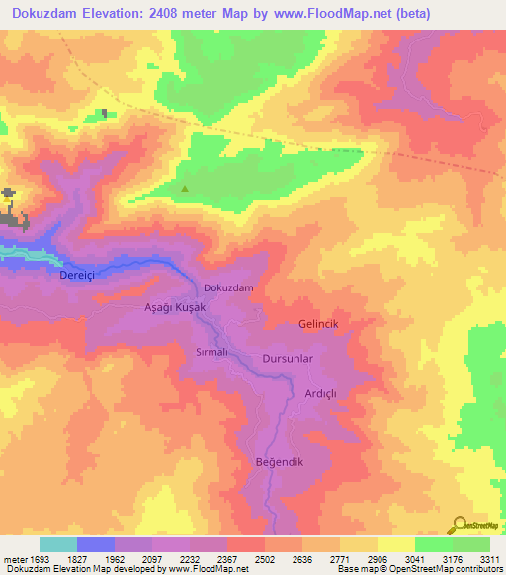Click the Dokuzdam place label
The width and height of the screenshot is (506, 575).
click(x=228, y=287)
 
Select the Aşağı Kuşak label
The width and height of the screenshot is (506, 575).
click(x=175, y=308)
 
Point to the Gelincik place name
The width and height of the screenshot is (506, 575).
click(x=318, y=324)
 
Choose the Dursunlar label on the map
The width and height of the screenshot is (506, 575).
click(x=288, y=359)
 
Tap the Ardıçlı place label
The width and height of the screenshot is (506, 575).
click(x=321, y=393)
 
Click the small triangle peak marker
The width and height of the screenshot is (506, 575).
click(x=185, y=188)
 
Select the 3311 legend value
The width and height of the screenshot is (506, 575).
click(x=487, y=559)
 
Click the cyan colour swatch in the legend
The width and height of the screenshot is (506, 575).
click(x=57, y=544)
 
